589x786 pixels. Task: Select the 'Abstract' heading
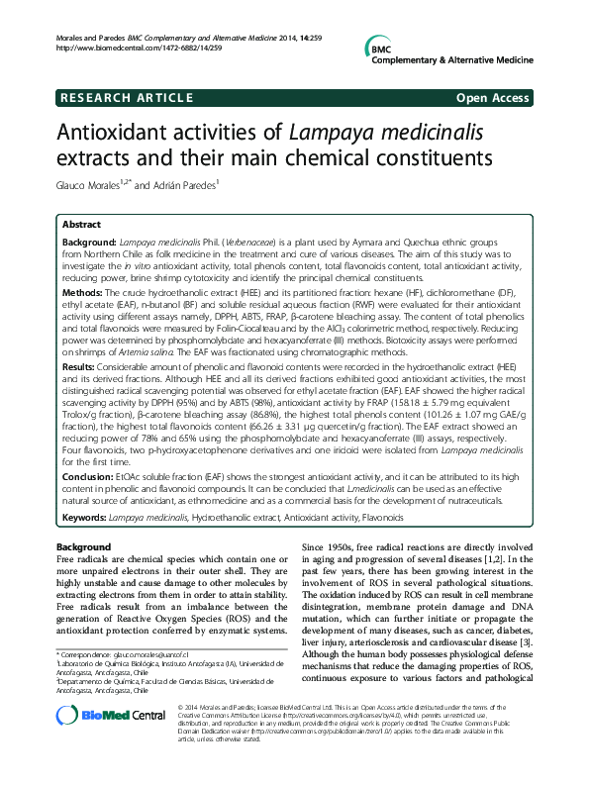coord(81,225)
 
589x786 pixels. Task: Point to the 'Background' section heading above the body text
coord(83,547)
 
